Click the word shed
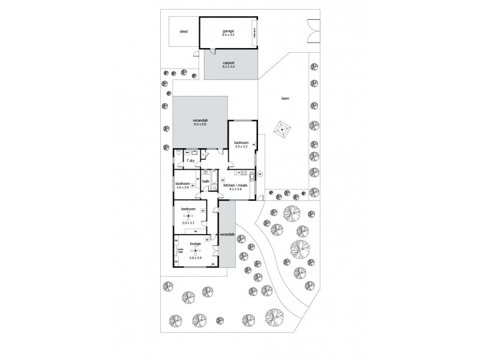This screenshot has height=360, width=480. [184, 32]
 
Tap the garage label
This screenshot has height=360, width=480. [228, 31]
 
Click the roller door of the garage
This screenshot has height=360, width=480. [254, 34]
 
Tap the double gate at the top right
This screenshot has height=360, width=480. [313, 30]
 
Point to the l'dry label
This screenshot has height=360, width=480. [190, 161]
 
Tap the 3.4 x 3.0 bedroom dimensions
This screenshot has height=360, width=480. [182, 187]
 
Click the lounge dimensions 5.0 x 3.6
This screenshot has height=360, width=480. [195, 257]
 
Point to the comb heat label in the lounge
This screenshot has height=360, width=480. [179, 251]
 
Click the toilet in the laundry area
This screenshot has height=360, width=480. [180, 155]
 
